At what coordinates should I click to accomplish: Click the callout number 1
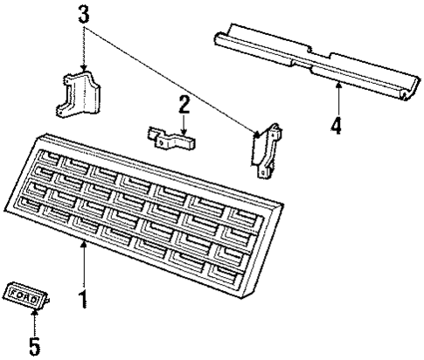[x=84, y=301]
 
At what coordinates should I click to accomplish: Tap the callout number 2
[x=184, y=105]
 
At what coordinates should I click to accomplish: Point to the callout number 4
[x=336, y=125]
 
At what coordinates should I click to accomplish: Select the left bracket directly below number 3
[x=79, y=96]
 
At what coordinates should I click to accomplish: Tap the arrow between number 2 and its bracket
[x=184, y=123]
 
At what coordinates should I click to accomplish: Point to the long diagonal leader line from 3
[x=175, y=78]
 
